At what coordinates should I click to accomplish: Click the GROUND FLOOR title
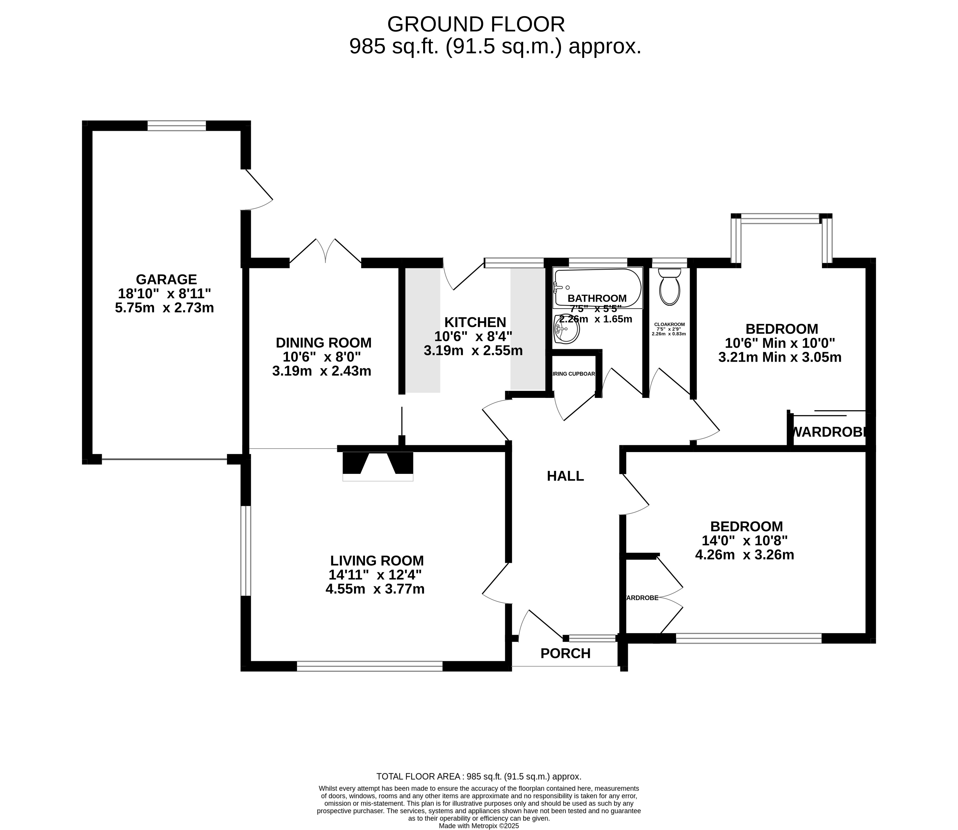tap(476, 24)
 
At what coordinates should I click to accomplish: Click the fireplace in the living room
tap(377, 465)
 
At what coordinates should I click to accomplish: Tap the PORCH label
tap(565, 653)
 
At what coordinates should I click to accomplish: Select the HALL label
tap(565, 476)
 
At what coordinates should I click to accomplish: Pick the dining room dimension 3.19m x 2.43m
tap(322, 371)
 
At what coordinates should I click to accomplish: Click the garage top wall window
tap(176, 125)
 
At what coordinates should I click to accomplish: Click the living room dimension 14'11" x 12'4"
tap(375, 575)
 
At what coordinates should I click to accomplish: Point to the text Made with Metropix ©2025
tap(479, 825)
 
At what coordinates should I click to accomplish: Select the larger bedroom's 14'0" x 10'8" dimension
tap(745, 541)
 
